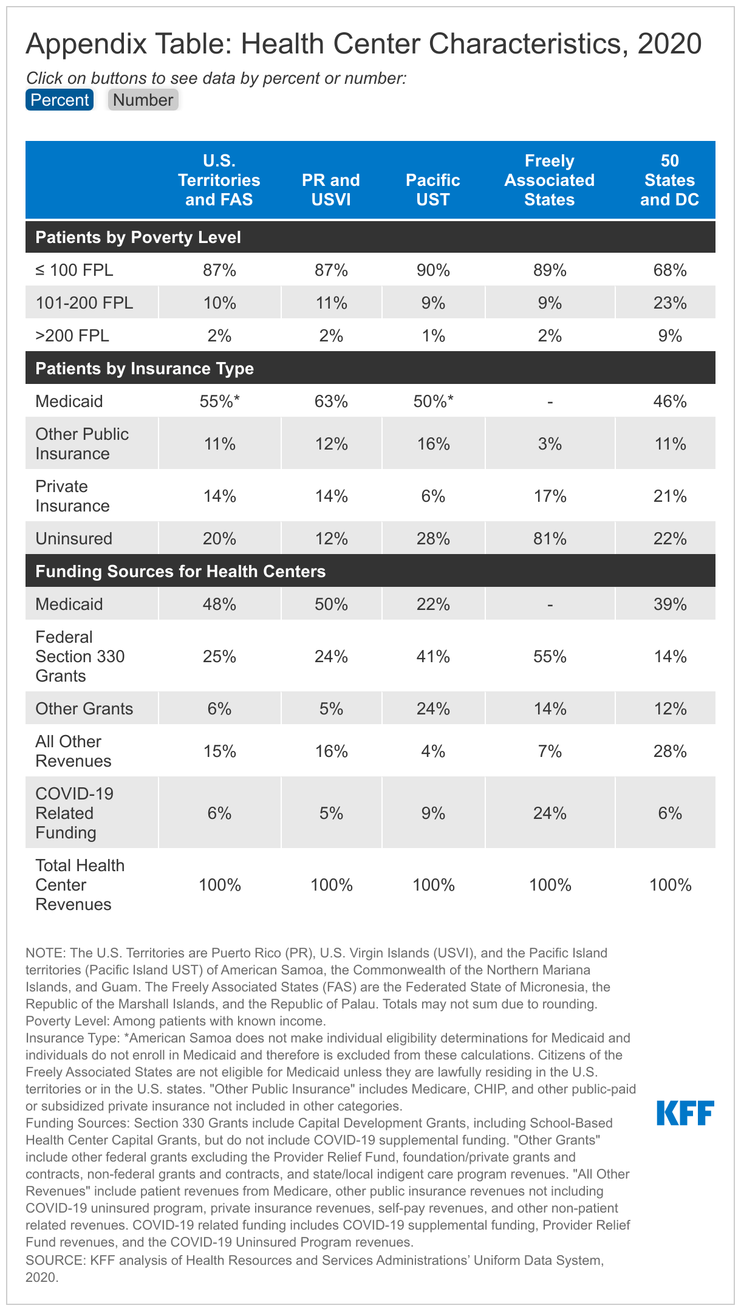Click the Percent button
[x=60, y=100]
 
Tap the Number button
[x=143, y=100]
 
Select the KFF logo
[x=685, y=1113]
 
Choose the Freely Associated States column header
[x=549, y=180]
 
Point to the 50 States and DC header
[x=669, y=180]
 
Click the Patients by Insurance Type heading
[x=145, y=369]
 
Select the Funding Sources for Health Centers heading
[x=180, y=572]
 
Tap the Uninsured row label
[x=74, y=539]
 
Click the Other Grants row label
[x=84, y=709]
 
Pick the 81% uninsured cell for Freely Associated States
[x=550, y=539]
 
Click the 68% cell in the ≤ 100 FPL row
[x=670, y=270]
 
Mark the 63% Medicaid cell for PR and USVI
[x=331, y=402]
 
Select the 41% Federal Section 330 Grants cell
[x=433, y=657]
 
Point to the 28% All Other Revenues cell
[x=670, y=751]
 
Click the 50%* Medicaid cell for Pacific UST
[x=433, y=402]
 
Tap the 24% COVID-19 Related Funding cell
[x=550, y=813]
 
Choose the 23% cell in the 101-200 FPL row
[x=670, y=303]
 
